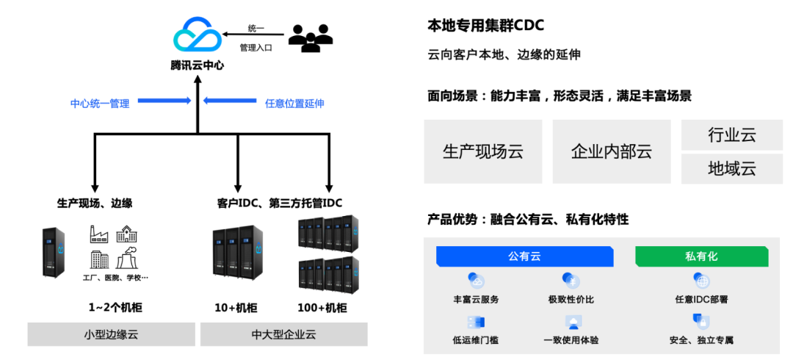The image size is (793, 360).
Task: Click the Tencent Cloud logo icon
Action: coord(198,35)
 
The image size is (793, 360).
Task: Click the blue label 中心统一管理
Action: coord(100,104)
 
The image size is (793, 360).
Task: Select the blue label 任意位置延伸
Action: coord(294,104)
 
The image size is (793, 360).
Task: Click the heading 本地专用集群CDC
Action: coord(485,25)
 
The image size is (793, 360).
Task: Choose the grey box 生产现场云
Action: coord(483,151)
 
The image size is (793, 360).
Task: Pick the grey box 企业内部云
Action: coord(612,151)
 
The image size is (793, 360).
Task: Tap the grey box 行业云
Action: coord(732,134)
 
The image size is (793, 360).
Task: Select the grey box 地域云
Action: coord(732,168)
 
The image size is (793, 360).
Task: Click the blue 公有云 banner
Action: coord(525,256)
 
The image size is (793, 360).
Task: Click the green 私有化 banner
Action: coord(701,256)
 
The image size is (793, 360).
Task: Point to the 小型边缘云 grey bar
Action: coord(112,334)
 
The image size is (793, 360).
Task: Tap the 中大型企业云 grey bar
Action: coord(283,334)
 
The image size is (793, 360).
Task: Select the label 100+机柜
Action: coord(322,307)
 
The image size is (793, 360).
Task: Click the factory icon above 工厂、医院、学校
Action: coord(100,234)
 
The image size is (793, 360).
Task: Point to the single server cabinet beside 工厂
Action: coord(54,252)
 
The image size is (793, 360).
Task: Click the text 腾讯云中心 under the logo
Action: coord(198,65)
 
